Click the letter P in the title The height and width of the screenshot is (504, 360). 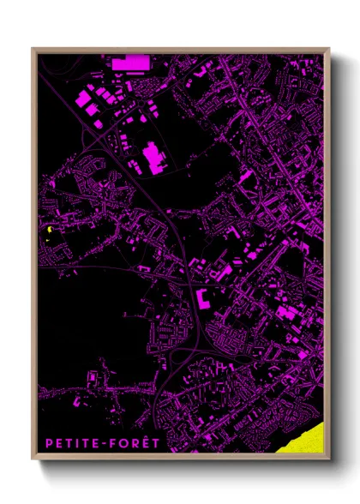tap(50, 443)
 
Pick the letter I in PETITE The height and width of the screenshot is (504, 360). tap(78, 443)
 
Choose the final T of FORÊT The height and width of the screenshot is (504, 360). tap(154, 443)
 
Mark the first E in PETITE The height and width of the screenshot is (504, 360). tap(60, 443)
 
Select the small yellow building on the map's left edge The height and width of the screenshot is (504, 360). tap(51, 230)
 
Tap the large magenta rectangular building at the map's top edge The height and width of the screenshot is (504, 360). tap(129, 63)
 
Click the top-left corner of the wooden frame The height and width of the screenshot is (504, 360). tap(33, 49)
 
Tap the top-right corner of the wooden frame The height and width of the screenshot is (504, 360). tap(328, 49)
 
